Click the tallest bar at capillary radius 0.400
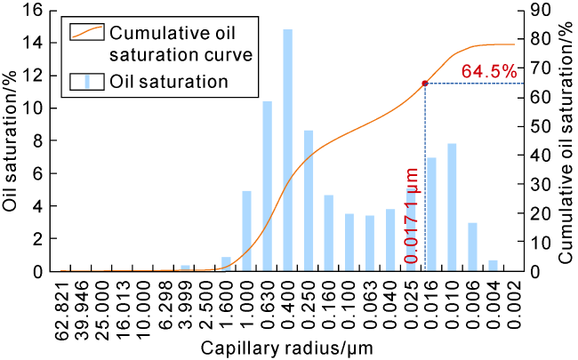pos(287,150)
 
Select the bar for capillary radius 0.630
pos(268,186)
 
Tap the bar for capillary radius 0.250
pos(309,201)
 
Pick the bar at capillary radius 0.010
pos(452,207)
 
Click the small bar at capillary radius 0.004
pos(493,266)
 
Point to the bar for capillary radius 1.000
pos(246,231)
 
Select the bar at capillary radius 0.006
pos(472,247)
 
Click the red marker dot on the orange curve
pos(425,84)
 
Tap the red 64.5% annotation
pos(489,71)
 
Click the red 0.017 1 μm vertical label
pos(412,216)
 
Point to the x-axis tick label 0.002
pos(514,304)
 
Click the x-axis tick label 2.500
pos(206,304)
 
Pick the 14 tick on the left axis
pos(34,44)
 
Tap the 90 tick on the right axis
pos(541,10)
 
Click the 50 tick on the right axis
pos(541,126)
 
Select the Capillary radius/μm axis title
pos(287,348)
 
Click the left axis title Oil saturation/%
pos(10,141)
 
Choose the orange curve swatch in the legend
pos(87,32)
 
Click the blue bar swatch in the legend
pos(87,82)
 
